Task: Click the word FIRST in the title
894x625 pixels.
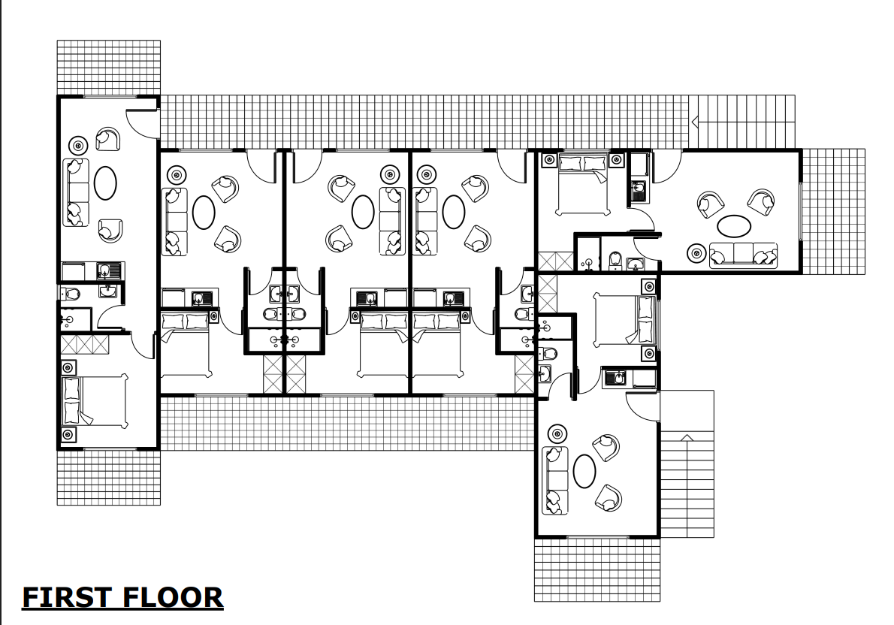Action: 65,597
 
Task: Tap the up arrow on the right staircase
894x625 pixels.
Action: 686,438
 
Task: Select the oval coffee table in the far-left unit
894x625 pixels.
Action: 104,181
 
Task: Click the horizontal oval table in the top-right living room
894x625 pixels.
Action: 734,225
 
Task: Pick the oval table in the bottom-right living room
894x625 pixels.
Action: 584,471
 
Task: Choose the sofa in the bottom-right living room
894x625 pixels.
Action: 555,480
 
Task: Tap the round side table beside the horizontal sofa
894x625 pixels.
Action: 697,253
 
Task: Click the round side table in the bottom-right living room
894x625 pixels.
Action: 557,433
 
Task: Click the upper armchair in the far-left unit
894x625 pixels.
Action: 108,140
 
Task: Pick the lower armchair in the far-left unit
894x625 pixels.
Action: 110,230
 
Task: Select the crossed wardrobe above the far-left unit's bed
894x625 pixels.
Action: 84,345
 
